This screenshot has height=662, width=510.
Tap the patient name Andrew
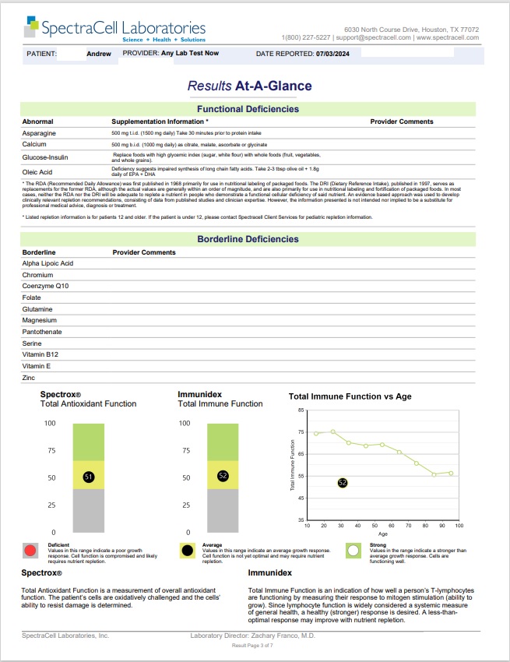tap(99, 54)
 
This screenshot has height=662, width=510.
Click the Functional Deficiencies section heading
tap(248, 109)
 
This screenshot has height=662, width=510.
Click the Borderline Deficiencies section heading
tap(248, 239)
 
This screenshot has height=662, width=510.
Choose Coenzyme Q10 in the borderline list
tap(46, 287)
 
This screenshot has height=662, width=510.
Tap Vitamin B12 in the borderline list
tap(40, 354)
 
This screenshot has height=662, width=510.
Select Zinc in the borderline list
tap(29, 378)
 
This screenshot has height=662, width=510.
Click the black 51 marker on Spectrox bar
tap(89, 477)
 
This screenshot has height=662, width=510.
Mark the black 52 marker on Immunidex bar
tap(223, 476)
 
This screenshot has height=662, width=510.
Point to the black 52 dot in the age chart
tap(343, 483)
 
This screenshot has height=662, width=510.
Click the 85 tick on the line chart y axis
tap(301, 410)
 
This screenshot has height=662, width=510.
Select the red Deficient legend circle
tap(30, 551)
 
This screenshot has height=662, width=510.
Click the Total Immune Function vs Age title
tap(350, 396)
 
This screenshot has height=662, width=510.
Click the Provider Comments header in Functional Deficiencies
tap(402, 122)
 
